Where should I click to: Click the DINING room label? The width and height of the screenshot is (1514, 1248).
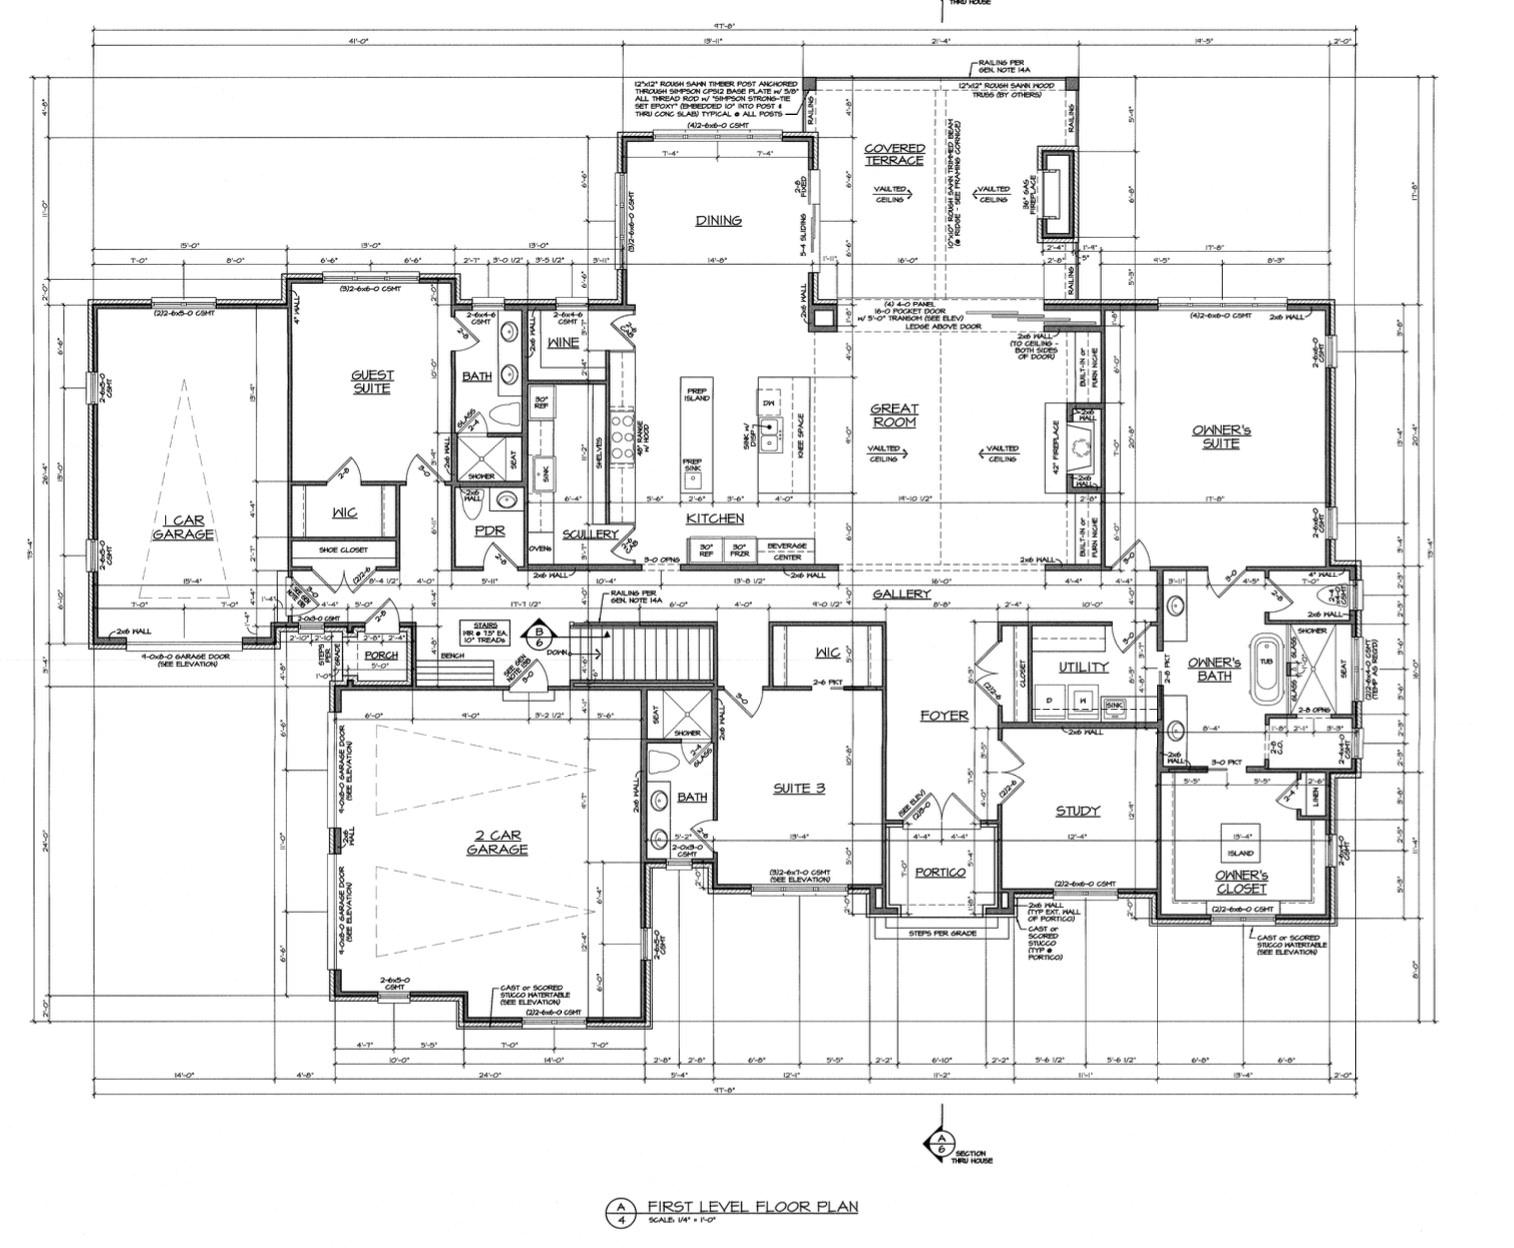coord(718,220)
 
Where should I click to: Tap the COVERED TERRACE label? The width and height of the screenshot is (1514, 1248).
coord(894,154)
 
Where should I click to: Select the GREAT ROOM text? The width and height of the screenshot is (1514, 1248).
coord(894,415)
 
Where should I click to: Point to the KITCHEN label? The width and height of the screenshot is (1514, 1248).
coord(714,518)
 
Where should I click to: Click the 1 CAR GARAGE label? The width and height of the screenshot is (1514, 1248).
coord(183,527)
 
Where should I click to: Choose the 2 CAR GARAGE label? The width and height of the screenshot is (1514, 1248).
coord(496,842)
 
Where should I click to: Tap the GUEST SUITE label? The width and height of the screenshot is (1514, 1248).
coord(372,381)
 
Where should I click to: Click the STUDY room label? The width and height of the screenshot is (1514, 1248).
coord(1077,810)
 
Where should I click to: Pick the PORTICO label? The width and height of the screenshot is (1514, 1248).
coord(940,872)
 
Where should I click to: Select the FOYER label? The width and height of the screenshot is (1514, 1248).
coord(944,715)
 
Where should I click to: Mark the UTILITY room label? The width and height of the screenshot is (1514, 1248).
coord(1083,667)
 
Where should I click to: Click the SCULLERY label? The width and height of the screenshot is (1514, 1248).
coord(590,534)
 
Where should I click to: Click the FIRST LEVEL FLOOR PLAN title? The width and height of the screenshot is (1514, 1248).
coord(751,1206)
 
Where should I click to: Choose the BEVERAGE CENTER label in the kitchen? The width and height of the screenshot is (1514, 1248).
coord(786,551)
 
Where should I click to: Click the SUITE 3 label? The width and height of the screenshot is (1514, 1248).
coord(799,788)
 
